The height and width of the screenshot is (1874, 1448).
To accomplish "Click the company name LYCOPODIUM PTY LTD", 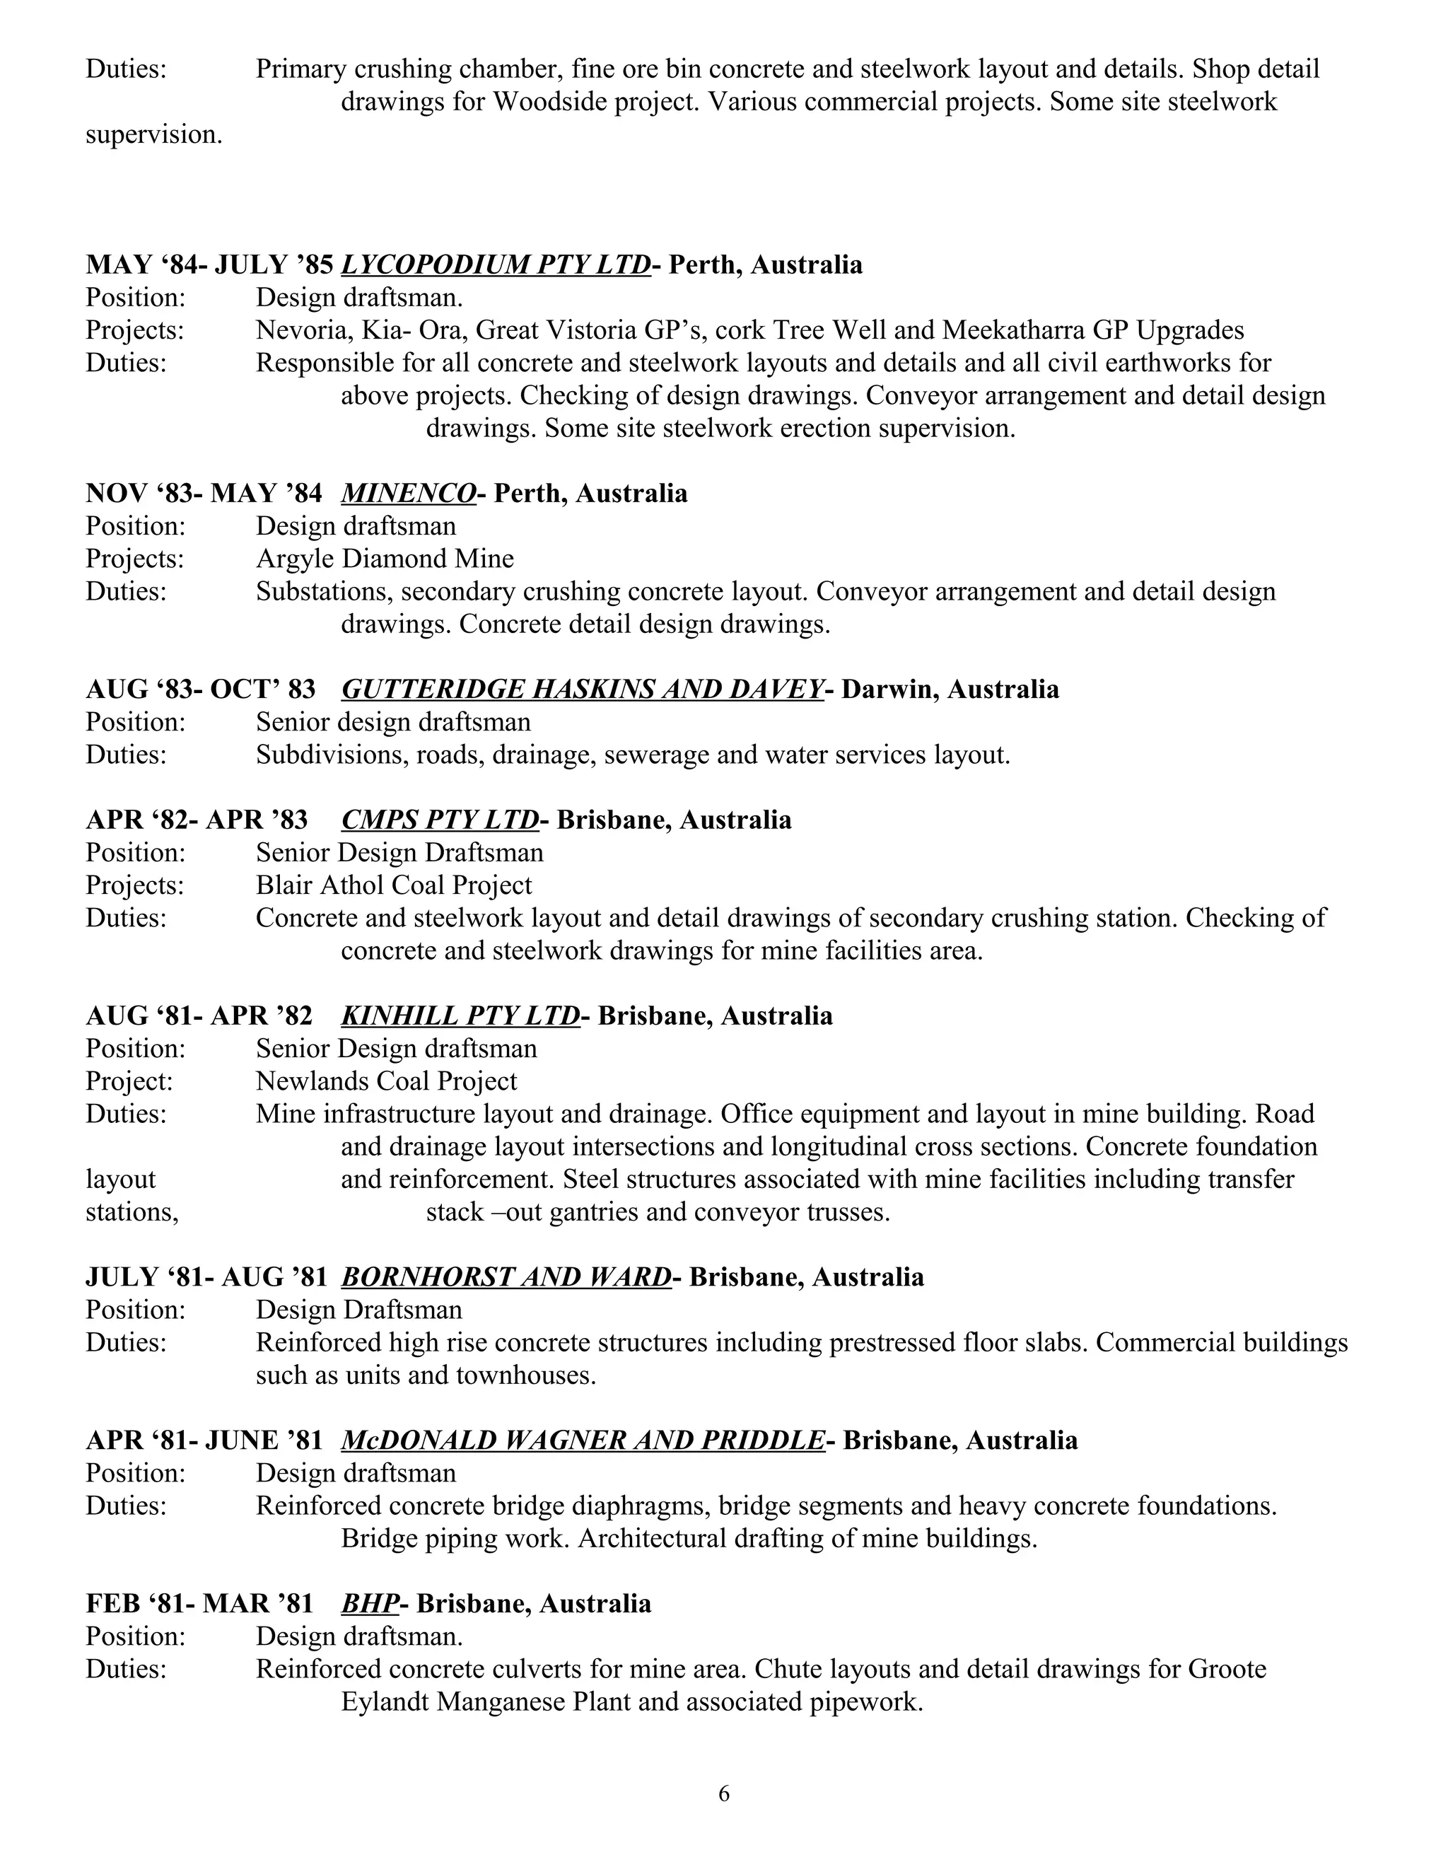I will coord(496,264).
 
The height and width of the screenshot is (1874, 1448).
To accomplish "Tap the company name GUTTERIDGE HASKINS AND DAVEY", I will coord(583,689).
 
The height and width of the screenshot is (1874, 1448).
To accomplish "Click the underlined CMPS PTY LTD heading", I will coord(440,820).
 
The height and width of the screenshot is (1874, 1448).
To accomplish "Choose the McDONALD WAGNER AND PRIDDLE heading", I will coord(583,1440).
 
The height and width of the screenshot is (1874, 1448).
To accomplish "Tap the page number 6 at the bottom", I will coord(724,1793).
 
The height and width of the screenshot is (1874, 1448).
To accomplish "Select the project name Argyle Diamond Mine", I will coord(385,559).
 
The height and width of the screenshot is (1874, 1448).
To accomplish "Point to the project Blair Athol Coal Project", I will coord(394,885).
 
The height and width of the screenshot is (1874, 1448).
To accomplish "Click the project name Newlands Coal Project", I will coord(387,1081).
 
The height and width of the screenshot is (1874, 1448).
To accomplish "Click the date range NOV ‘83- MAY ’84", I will coord(204,494).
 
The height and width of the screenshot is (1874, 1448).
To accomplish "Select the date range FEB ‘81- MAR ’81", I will coord(199,1603).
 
